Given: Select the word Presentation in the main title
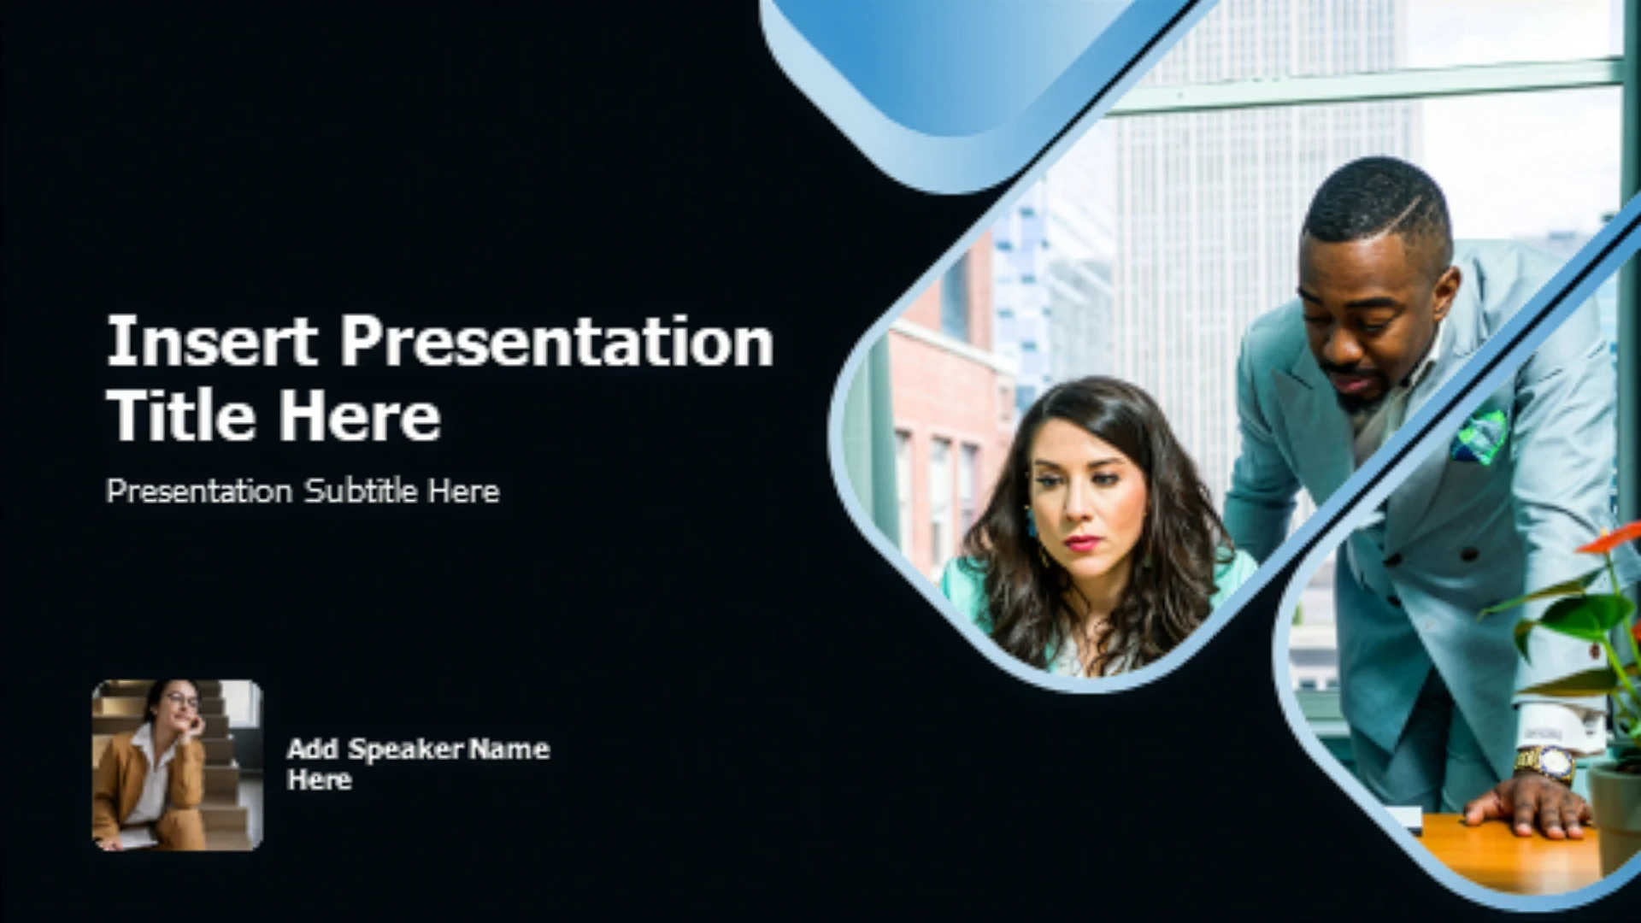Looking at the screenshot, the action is coord(556,341).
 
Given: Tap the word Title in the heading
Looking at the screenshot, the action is coord(180,415).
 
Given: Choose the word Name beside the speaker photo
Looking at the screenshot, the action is coord(509,750).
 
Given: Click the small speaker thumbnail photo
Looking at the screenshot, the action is coord(178,765).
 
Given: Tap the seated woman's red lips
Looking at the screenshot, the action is coord(1082,543).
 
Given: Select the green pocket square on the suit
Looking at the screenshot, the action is coord(1481,436).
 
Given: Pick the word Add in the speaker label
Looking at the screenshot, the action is coord(313,750).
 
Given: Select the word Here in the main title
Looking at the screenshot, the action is coord(360,415).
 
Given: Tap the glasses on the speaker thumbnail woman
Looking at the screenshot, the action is coord(182,701).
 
